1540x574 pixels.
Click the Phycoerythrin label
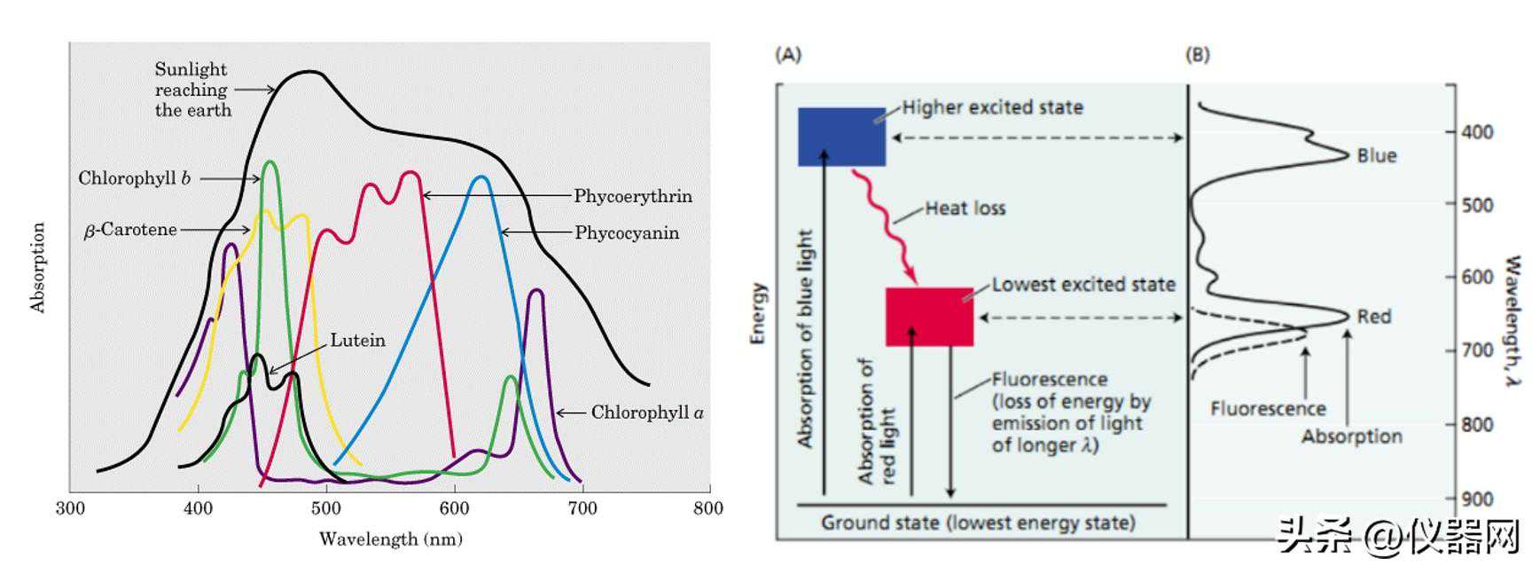click(633, 196)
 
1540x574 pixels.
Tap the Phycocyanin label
click(627, 233)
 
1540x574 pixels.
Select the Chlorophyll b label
click(134, 178)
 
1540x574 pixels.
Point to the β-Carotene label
click(130, 230)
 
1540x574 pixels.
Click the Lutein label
click(358, 341)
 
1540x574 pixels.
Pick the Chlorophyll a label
click(647, 413)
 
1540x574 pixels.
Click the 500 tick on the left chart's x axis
click(326, 508)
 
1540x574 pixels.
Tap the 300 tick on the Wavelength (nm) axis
click(70, 508)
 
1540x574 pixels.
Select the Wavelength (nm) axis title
click(391, 539)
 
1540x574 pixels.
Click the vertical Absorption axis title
click(37, 267)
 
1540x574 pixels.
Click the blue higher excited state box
click(841, 137)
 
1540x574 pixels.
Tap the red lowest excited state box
click(929, 317)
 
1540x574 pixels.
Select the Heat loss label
click(965, 208)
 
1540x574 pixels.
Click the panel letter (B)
click(1197, 55)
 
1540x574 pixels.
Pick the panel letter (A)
click(788, 55)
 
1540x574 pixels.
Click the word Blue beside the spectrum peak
click(1377, 156)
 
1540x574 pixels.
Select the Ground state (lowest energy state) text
click(978, 523)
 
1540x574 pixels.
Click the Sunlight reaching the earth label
click(193, 90)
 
